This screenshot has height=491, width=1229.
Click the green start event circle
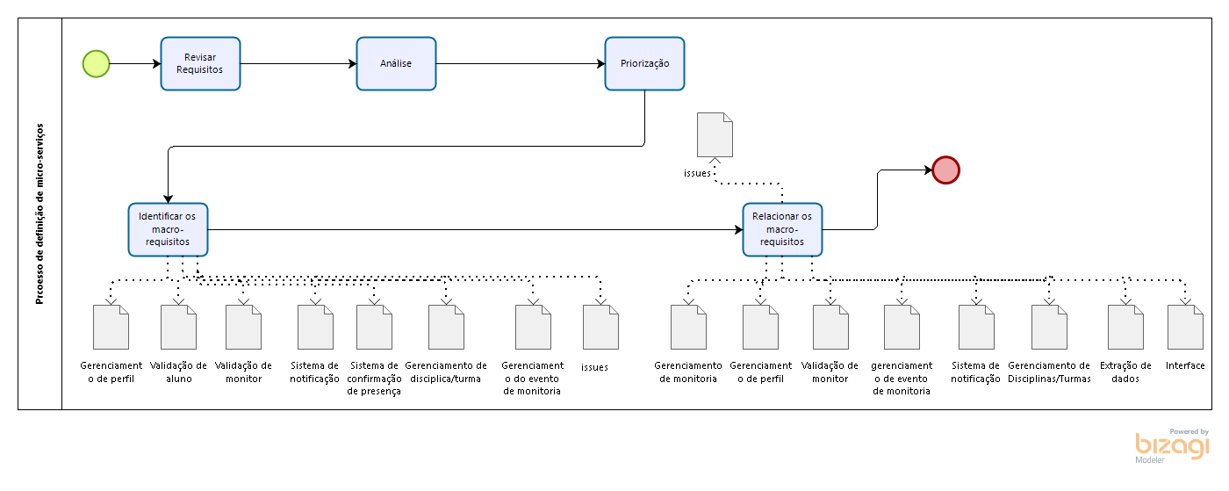point(96,64)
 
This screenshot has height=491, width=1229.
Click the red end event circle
point(946,170)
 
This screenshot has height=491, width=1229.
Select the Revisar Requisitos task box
point(200,64)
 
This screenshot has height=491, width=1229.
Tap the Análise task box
point(396,64)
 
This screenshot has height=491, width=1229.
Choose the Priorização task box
point(644,64)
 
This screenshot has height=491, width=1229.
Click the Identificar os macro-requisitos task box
point(168,229)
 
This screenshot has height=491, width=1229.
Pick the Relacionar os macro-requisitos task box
point(782,229)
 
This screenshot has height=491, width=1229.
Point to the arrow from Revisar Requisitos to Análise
point(298,64)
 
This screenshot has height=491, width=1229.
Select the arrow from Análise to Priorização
point(521,64)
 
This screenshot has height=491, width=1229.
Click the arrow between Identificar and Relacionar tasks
point(475,229)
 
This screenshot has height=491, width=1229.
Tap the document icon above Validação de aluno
point(178,328)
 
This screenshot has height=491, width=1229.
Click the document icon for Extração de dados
point(1125,328)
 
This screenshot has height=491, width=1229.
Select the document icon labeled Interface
point(1185,328)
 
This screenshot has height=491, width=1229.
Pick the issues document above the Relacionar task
point(715,135)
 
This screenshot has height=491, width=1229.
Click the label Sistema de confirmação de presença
point(374,379)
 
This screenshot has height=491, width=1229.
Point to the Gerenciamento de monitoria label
point(688,372)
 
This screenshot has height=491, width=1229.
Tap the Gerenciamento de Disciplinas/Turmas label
point(1049,372)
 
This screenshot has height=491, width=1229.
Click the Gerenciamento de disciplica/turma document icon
point(446,328)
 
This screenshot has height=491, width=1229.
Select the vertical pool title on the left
point(40,213)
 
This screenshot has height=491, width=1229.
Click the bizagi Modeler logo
point(1172,446)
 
